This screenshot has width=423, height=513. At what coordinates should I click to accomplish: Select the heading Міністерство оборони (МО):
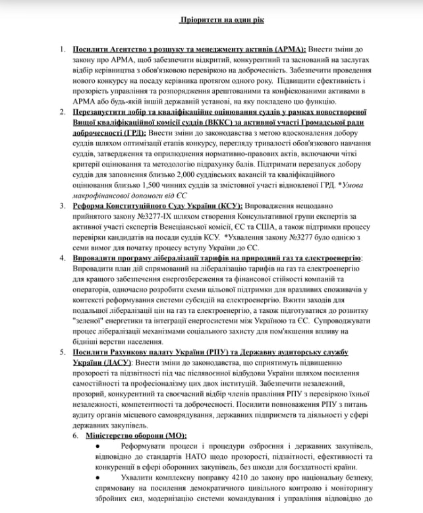(x=136, y=435)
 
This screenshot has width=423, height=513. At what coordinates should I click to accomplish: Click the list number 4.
(x=62, y=257)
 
